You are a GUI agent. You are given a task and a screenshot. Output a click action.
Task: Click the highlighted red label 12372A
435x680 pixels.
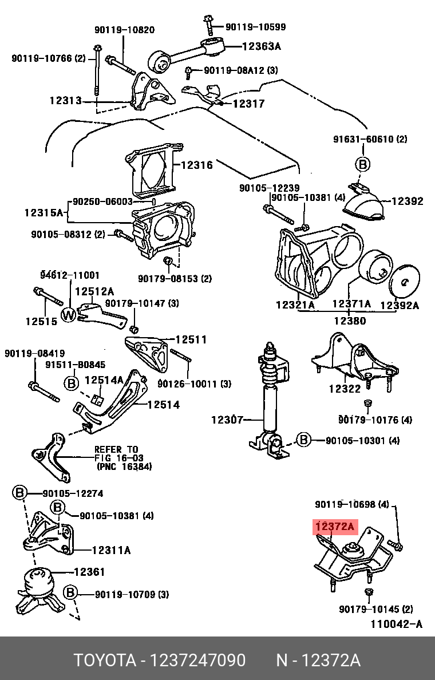pyautogui.click(x=335, y=527)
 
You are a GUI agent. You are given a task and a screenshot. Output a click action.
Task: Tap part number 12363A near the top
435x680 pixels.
pyautogui.click(x=262, y=47)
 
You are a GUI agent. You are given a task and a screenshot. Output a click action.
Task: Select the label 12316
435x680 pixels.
pyautogui.click(x=196, y=165)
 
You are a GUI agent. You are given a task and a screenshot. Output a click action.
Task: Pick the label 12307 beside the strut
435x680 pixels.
pyautogui.click(x=228, y=420)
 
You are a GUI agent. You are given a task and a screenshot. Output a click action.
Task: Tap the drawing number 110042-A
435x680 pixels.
pyautogui.click(x=397, y=624)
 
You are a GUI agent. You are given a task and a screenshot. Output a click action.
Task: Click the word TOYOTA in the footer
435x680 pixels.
pyautogui.click(x=103, y=661)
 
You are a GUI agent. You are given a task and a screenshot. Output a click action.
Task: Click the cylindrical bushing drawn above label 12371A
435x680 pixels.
pyautogui.click(x=377, y=268)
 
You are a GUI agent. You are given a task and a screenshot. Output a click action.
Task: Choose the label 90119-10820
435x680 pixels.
pyautogui.click(x=124, y=30)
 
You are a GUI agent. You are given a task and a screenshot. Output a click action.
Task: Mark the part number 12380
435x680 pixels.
pyautogui.click(x=350, y=321)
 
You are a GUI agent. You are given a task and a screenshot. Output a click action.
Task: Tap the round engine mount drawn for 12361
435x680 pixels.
pyautogui.click(x=38, y=582)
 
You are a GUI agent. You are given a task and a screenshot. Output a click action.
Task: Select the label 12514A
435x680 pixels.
pyautogui.click(x=104, y=380)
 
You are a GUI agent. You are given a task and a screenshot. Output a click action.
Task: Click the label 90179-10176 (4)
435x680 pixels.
pyautogui.click(x=375, y=420)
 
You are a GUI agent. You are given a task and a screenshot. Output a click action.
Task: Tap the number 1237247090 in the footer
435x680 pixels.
pyautogui.click(x=197, y=661)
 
